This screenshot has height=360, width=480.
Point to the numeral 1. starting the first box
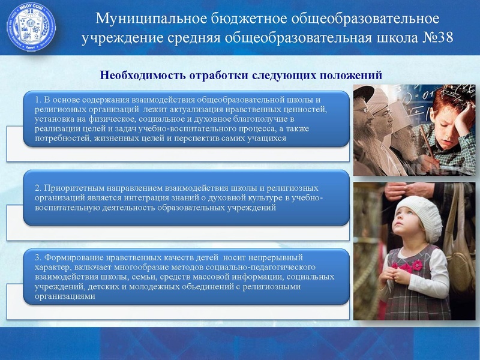38,100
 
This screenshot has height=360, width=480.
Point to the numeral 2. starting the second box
38,188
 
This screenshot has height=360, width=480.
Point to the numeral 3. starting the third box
38,257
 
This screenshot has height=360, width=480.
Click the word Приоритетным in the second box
70,188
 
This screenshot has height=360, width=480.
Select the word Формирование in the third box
72,257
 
